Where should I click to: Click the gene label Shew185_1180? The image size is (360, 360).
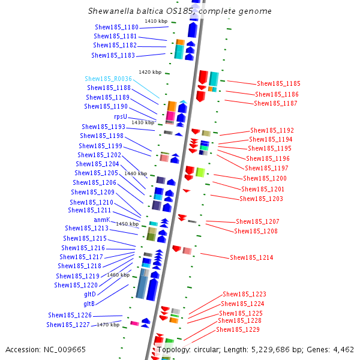[116, 27]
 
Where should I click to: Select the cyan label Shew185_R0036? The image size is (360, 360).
[108, 79]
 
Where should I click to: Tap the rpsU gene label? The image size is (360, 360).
[120, 116]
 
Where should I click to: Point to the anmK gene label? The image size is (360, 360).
[101, 220]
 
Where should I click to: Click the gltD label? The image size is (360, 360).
[89, 294]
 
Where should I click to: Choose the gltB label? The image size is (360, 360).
[89, 303]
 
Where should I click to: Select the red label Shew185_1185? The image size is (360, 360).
[278, 83]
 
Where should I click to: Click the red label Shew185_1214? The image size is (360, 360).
[251, 257]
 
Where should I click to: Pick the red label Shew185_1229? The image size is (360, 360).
[238, 329]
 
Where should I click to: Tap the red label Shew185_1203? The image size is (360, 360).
[261, 199]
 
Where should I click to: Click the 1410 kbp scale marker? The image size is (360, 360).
[156, 21]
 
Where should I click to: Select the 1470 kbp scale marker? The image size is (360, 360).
[108, 325]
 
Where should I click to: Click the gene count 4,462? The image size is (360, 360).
[341, 349]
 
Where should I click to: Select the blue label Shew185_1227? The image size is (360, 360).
[68, 325]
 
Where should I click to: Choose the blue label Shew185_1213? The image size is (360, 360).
[86, 228]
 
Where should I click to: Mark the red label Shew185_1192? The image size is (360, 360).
[272, 130]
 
